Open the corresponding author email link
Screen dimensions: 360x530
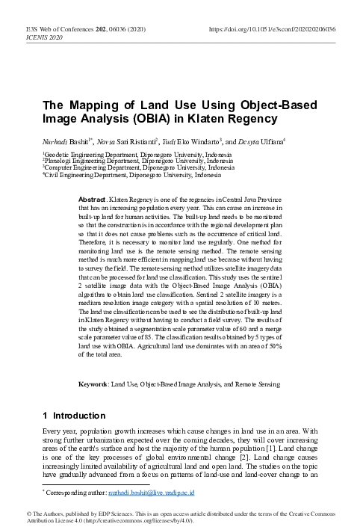(x=152, y=494)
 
